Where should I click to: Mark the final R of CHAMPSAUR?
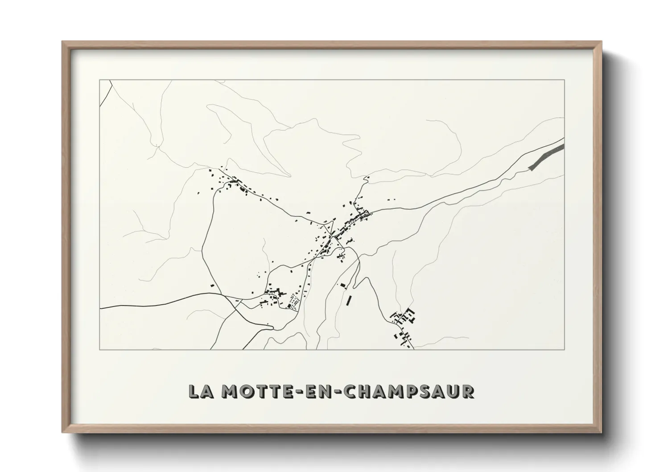(x=467, y=392)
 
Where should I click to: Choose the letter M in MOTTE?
(x=228, y=392)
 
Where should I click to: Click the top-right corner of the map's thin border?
(x=565, y=80)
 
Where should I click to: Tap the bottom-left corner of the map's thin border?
(x=99, y=349)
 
